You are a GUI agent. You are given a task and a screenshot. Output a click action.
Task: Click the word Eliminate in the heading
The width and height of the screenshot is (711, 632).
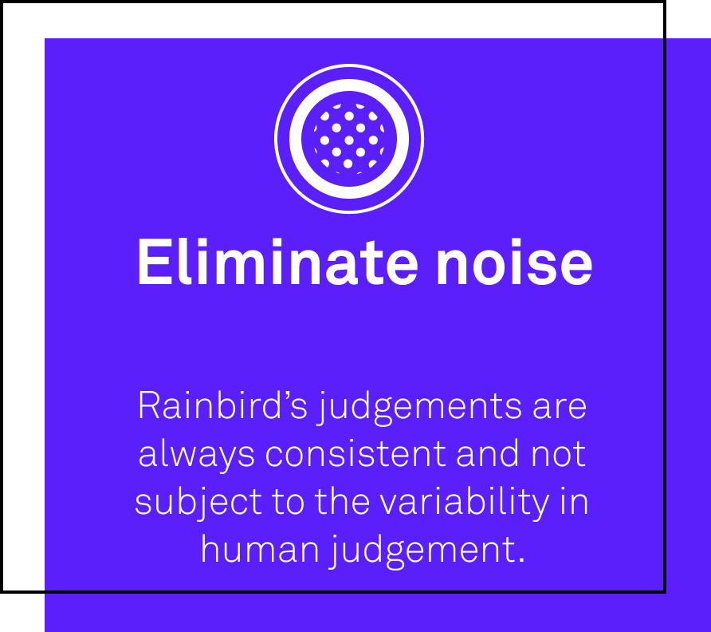(277, 262)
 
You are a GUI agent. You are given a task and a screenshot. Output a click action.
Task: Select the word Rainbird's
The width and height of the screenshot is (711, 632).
(223, 405)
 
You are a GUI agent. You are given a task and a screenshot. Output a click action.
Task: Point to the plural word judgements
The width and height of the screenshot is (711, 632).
(419, 408)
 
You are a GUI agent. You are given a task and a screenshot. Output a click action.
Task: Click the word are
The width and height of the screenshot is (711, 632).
(560, 408)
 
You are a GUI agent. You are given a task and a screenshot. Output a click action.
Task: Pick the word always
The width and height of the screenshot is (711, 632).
(196, 456)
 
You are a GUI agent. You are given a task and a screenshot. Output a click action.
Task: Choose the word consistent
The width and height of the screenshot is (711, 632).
(356, 453)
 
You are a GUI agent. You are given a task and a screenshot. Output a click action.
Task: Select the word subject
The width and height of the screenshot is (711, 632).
(198, 503)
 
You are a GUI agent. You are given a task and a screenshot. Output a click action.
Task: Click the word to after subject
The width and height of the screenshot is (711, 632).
(288, 502)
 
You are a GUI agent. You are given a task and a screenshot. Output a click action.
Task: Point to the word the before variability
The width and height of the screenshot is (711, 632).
(343, 501)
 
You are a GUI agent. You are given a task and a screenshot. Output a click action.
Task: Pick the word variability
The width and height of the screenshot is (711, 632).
(465, 503)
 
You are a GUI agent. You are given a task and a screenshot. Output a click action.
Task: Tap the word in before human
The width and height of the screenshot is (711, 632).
(574, 501)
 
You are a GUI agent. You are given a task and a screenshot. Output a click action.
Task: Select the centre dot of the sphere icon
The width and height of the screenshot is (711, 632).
(349, 140)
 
